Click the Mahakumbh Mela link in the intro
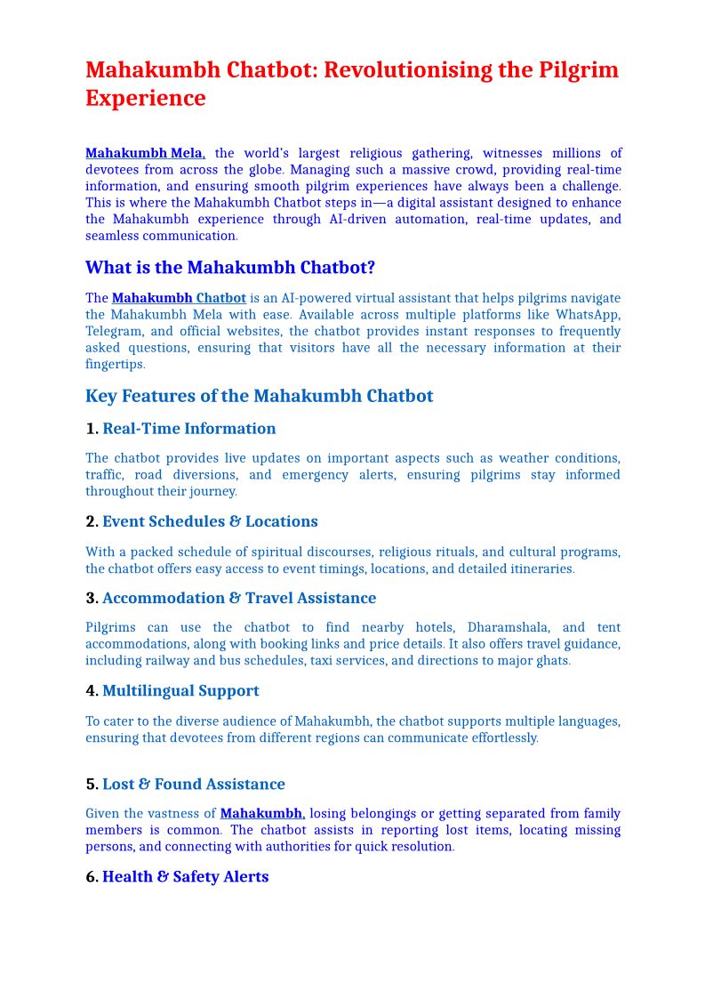tap(144, 153)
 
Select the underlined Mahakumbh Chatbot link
tap(179, 298)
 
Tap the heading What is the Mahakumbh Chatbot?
tap(230, 268)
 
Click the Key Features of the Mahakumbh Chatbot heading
tap(259, 396)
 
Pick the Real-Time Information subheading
tap(188, 429)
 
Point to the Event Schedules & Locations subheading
tap(210, 521)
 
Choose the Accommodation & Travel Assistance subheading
tap(238, 598)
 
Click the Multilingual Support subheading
tap(180, 690)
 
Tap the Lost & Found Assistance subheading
tap(193, 784)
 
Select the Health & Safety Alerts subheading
tap(185, 876)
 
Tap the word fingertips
tap(114, 364)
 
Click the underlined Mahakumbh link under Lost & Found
tap(261, 813)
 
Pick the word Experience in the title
tap(145, 98)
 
